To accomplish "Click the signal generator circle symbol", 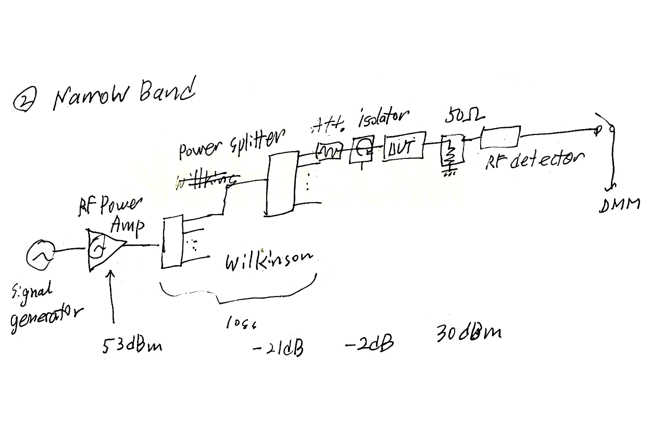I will (x=40, y=254).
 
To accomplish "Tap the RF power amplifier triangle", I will (x=105, y=250).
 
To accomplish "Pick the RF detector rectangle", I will (x=500, y=137).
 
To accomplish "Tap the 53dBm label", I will (x=132, y=345).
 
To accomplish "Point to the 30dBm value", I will (x=469, y=334).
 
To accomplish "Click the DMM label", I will (x=619, y=205).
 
